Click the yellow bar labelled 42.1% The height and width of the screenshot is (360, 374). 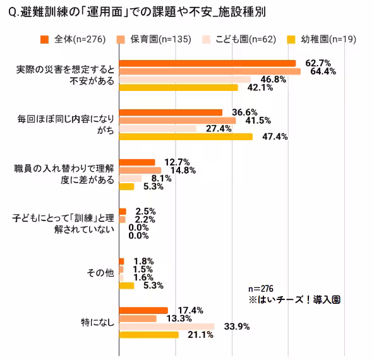point(178,88)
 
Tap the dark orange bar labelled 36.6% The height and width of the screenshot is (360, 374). point(171,112)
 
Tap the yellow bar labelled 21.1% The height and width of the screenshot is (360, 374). point(148,335)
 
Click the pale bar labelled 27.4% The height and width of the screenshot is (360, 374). point(157,129)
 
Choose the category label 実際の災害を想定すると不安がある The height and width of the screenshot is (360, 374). point(64,75)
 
